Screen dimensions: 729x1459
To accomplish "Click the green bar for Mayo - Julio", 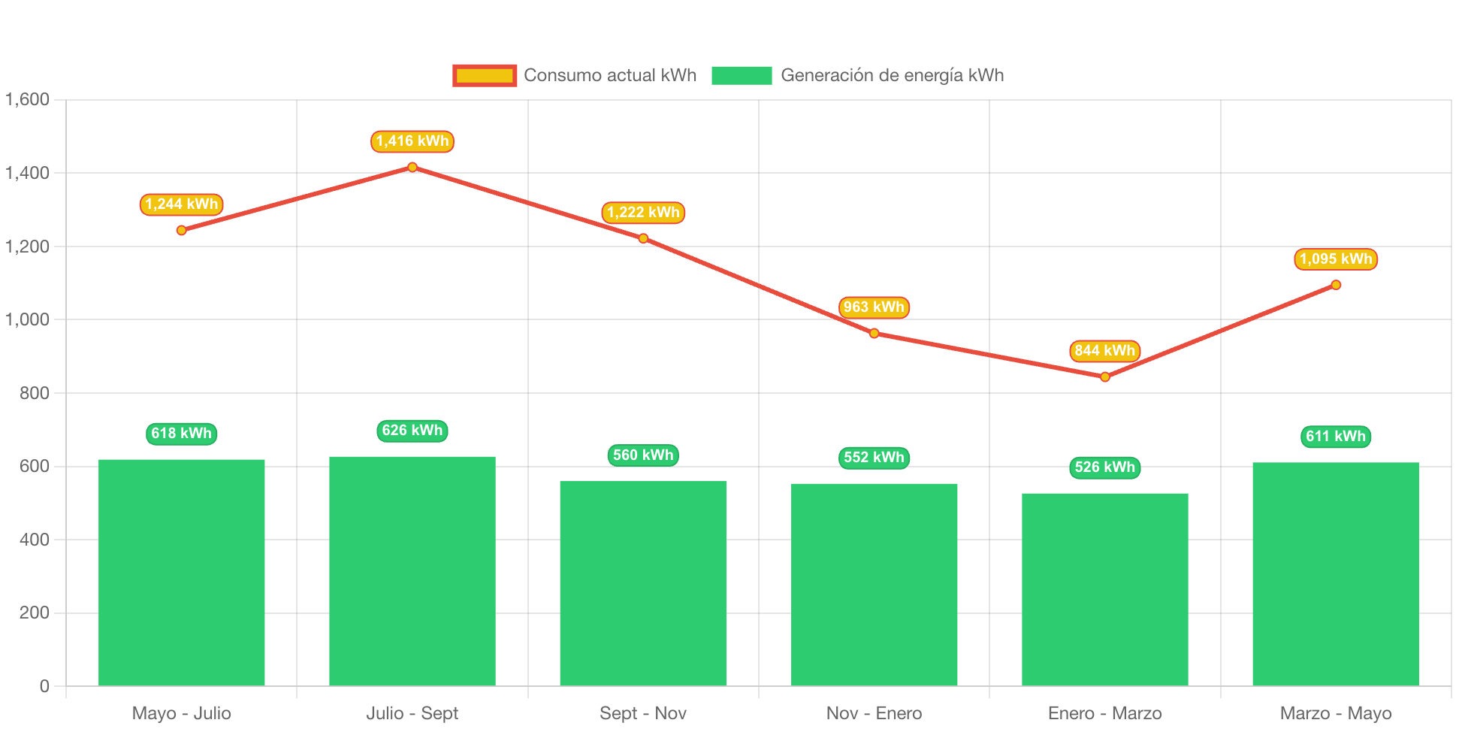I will [x=182, y=572].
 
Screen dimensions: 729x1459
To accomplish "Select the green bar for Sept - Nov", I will [x=643, y=583].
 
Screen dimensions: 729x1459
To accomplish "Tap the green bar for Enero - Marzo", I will [x=1104, y=589].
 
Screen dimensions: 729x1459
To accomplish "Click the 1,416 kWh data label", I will [x=412, y=141].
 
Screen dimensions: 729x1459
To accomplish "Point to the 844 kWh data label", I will [x=1104, y=351].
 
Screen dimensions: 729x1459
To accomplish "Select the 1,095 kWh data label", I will [x=1336, y=259].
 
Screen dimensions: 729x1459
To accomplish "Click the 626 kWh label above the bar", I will [x=412, y=431].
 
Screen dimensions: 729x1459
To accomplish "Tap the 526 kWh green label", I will [x=1104, y=467].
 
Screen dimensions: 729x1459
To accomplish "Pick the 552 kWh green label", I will [x=874, y=458].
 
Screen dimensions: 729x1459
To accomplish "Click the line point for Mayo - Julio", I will [x=182, y=230].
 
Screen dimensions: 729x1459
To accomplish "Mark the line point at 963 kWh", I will [x=874, y=333].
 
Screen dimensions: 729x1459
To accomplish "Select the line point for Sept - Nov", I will [x=643, y=238].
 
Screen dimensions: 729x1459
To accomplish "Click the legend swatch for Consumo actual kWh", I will [x=485, y=75].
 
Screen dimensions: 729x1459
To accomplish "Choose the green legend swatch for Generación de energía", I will [x=742, y=75].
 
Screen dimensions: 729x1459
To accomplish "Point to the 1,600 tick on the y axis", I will [x=28, y=99].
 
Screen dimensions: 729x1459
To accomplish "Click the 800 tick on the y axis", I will [x=35, y=393].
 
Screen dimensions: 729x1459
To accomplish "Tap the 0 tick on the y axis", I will [x=44, y=686].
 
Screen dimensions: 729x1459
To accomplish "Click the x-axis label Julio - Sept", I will [x=412, y=713].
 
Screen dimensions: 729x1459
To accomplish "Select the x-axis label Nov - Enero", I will [x=874, y=713].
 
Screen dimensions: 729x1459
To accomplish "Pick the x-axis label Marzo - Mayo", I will [x=1336, y=713].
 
